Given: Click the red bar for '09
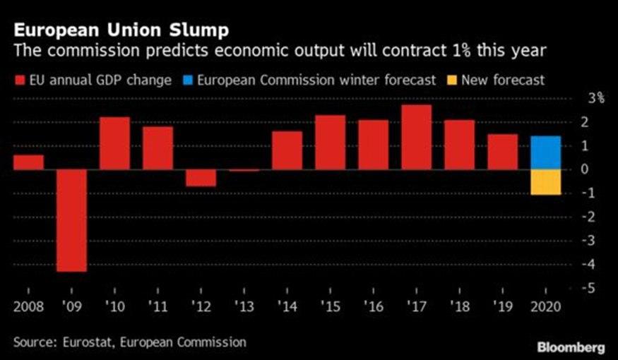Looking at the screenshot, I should coord(71,220).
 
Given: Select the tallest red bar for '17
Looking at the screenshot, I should coord(415,138).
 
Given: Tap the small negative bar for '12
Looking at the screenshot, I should coord(201,178).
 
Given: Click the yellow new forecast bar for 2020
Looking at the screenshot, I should coord(545,182).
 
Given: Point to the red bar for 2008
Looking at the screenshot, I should coord(28,162).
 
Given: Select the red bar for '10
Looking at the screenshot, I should coord(114,143).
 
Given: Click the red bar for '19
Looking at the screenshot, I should coord(501,152).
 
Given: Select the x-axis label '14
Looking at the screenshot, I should coord(286,308).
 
